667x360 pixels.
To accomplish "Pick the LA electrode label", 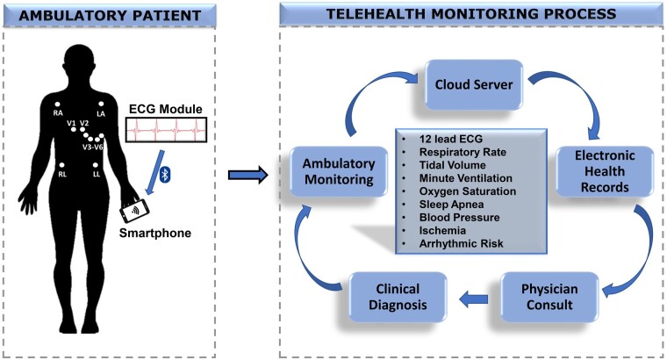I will point(101,114).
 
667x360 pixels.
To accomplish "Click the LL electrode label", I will point(97,175).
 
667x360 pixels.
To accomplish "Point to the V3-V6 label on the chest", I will point(92,148).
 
